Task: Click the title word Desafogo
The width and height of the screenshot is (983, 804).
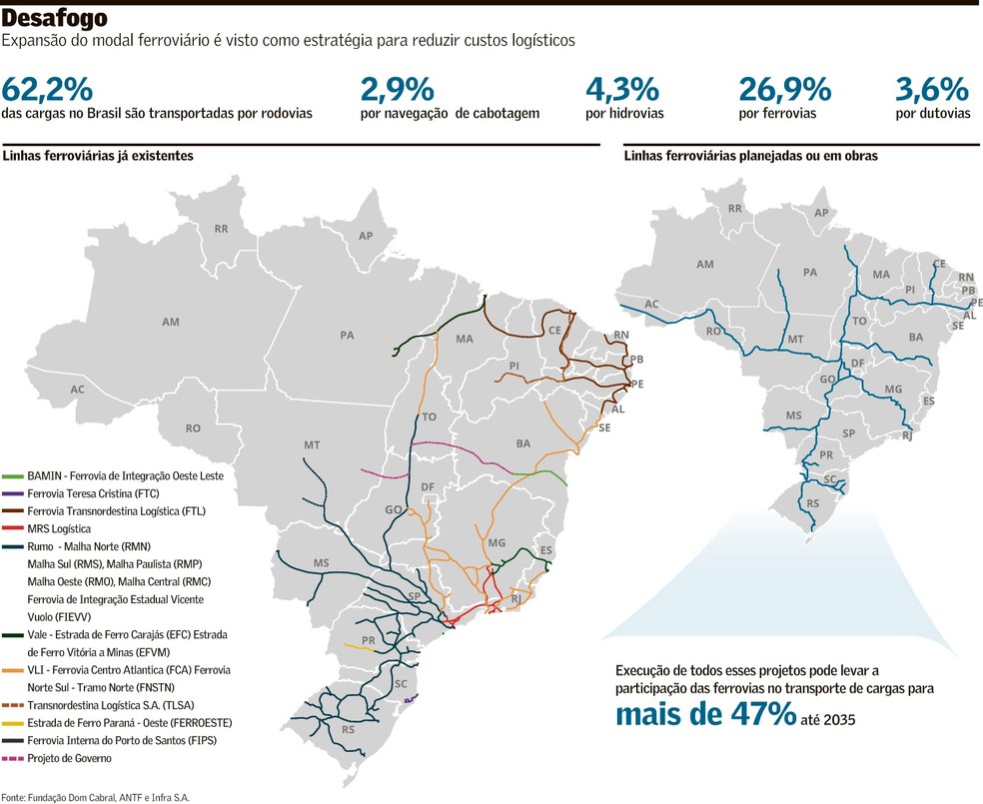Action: click(x=56, y=19)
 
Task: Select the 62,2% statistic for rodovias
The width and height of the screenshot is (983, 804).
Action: click(x=47, y=89)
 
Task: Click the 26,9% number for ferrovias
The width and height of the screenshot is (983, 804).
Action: click(x=784, y=89)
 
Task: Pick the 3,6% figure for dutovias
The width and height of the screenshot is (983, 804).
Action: click(x=933, y=89)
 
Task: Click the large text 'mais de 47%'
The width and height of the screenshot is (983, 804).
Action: click(x=705, y=714)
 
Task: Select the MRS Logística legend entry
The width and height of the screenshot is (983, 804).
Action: click(x=59, y=528)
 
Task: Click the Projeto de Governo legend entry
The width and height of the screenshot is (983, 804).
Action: click(x=69, y=758)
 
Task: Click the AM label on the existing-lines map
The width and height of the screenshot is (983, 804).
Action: click(x=170, y=322)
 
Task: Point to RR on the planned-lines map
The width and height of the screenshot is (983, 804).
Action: click(x=735, y=209)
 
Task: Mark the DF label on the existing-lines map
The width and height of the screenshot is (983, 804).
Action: click(x=428, y=487)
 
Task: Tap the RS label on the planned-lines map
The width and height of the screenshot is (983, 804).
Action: click(x=812, y=503)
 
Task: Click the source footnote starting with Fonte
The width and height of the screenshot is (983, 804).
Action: click(x=95, y=797)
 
